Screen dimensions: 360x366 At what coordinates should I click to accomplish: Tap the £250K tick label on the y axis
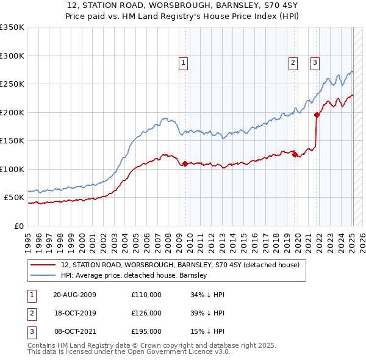coord(12,84)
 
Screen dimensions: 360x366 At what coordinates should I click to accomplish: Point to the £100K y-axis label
coord(12,169)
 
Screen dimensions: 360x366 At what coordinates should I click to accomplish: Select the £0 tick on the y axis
coord(18,226)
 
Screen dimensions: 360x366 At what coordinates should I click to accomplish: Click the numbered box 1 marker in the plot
coord(183,61)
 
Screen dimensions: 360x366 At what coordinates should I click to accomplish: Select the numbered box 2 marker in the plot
coord(293,61)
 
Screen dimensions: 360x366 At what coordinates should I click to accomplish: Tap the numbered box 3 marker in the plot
coord(315,61)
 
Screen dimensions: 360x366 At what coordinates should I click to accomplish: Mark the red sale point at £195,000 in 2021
coord(317,115)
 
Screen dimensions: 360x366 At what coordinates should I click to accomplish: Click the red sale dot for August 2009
coord(185,164)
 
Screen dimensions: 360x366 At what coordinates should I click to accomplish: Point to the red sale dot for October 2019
coord(295,154)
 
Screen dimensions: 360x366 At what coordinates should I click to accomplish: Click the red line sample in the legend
coord(43,265)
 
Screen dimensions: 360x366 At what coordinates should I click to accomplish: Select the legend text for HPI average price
coord(134,275)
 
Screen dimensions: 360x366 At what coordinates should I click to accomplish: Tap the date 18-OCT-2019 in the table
coord(74,313)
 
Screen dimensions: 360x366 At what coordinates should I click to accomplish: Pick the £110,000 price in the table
coord(146,295)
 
